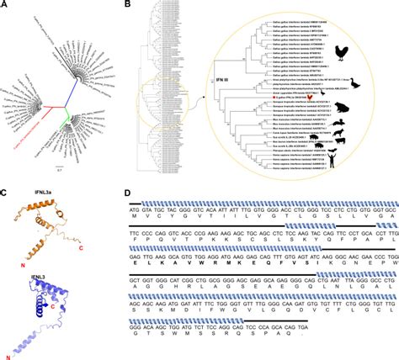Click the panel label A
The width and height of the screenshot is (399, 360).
click(7, 7)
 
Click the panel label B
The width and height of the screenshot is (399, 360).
click(125, 7)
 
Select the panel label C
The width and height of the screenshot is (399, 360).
click(7, 194)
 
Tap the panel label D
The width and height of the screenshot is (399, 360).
click(125, 194)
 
